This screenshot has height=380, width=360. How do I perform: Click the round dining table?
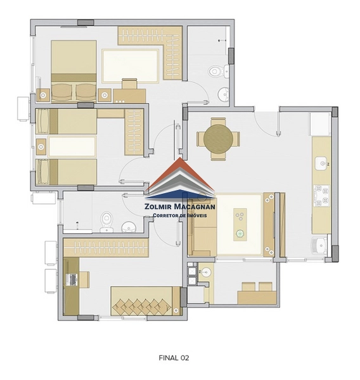pos(218,139)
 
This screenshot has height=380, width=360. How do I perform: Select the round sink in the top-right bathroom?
pos(223,94)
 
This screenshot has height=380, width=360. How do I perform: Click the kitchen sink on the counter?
pos(322,163)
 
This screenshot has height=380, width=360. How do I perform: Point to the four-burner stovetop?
pos(321,196)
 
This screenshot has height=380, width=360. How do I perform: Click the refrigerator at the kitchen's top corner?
pos(319,124)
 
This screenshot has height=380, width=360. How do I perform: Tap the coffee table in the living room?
pos(240,224)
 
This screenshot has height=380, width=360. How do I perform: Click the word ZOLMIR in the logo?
pos(158,206)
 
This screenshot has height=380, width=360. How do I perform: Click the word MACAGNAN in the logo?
pos(195,206)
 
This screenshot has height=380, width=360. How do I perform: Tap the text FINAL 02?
pos(174,358)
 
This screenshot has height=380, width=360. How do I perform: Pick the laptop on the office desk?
pos(72,279)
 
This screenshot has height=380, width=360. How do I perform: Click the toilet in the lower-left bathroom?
pos(106,221)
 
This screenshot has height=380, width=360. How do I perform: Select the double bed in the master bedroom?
pos(74,71)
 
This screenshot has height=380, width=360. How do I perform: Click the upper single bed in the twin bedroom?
pos(66,121)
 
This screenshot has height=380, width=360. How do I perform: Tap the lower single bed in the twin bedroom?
pos(66,172)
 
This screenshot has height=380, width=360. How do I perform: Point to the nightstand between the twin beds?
pos(41,147)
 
